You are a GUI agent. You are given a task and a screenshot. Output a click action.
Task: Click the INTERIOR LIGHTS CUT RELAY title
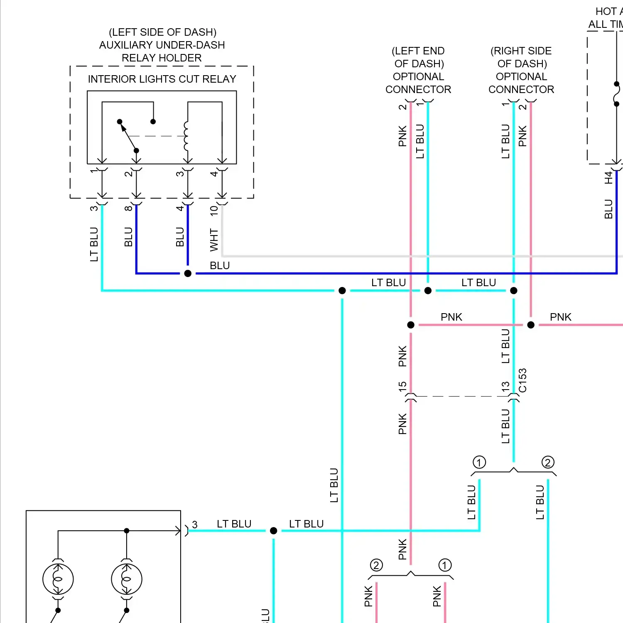pyautogui.click(x=162, y=79)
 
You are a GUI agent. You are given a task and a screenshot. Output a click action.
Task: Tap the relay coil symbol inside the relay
pyautogui.click(x=186, y=136)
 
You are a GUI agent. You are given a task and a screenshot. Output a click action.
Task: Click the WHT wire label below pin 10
pyautogui.click(x=214, y=240)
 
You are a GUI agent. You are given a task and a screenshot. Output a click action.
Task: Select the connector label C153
pyautogui.click(x=523, y=380)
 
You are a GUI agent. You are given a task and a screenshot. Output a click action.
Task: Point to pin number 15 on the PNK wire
pyautogui.click(x=402, y=386)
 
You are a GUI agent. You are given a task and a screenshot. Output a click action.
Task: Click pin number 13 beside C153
pyautogui.click(x=505, y=386)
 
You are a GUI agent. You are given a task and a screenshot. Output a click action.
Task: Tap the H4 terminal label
pyautogui.click(x=608, y=178)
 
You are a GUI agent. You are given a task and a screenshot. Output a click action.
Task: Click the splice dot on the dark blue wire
pyautogui.click(x=188, y=273)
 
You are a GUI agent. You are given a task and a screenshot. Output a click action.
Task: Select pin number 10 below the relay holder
pyautogui.click(x=214, y=210)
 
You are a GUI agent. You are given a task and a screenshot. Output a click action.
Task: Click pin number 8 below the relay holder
pyautogui.click(x=128, y=208)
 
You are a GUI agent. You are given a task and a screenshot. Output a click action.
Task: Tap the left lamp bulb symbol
pyautogui.click(x=58, y=579)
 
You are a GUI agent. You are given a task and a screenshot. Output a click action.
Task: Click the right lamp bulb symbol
pyautogui.click(x=127, y=579)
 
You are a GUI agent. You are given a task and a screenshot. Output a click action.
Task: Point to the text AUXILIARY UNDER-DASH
pyautogui.click(x=162, y=45)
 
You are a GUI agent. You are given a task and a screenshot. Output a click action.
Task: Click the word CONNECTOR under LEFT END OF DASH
pyautogui.click(x=418, y=89)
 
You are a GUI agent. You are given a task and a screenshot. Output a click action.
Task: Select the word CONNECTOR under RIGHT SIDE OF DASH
pyautogui.click(x=521, y=89)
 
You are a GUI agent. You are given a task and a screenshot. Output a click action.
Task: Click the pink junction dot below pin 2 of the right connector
pyautogui.click(x=531, y=325)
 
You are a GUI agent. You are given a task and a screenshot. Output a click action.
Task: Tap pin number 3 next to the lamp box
pyautogui.click(x=195, y=525)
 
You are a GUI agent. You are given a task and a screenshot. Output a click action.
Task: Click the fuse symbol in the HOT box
pyautogui.click(x=617, y=94)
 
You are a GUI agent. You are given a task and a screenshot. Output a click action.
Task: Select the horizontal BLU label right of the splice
pyautogui.click(x=220, y=265)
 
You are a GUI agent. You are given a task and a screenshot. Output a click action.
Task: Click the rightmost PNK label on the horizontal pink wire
pyautogui.click(x=561, y=317)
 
